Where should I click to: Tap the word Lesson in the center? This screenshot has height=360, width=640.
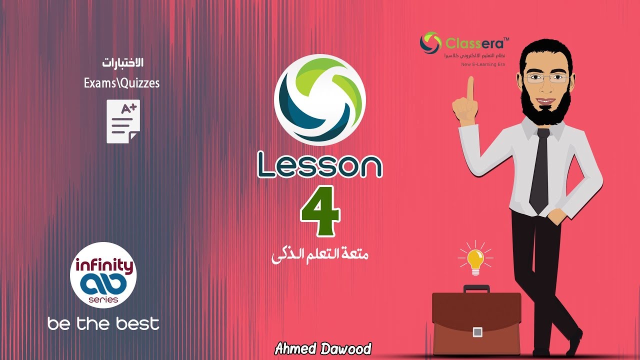pos(320,165)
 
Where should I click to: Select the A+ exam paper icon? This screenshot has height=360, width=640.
pos(123,121)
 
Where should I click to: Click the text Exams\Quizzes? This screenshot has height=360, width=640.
pos(121,83)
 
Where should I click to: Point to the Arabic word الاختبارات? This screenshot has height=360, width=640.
pos(123,63)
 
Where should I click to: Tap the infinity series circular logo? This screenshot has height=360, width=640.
pos(103,275)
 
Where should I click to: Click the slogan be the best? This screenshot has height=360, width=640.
pos(103,323)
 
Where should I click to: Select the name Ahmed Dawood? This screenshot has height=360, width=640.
pos(323,348)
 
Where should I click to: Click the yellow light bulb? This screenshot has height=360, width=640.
pos(475,259)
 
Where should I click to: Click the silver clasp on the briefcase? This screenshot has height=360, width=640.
pos(477,332)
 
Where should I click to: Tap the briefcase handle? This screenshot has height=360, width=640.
pos(476,288)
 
